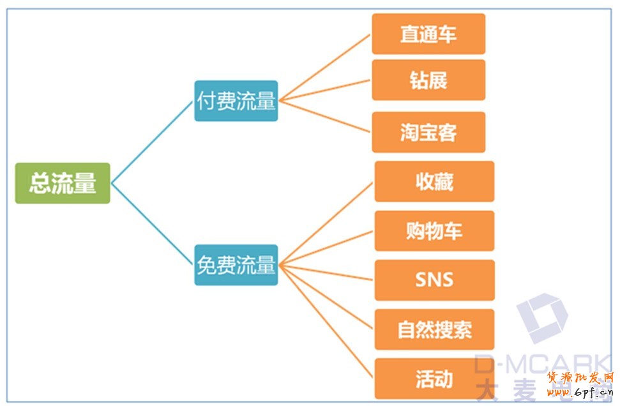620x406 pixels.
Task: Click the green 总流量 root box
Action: pos(63,183)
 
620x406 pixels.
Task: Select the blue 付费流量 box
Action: pos(236,101)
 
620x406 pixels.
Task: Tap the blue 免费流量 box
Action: pos(236,265)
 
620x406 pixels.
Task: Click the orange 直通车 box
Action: pos(428,34)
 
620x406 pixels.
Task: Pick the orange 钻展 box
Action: pos(428,80)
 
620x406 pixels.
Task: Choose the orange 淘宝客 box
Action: pos(428,132)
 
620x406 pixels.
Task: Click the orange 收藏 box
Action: pos(434,181)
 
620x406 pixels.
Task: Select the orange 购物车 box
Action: pos(434,230)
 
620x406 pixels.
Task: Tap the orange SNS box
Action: pos(434,280)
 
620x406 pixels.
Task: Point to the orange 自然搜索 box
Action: pos(434,329)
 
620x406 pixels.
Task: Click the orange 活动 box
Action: pos(434,379)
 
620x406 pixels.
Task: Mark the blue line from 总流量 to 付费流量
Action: pos(152,142)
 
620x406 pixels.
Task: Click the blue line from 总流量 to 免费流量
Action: pos(152,223)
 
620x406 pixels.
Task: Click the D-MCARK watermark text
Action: pos(543,365)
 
